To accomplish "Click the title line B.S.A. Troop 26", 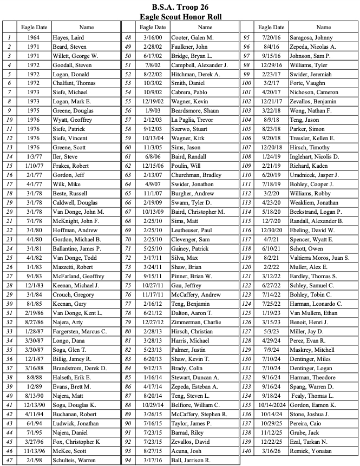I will click(x=180, y=7).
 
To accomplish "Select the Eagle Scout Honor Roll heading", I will click(x=180, y=16).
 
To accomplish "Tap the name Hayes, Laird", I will click(x=68, y=38).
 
